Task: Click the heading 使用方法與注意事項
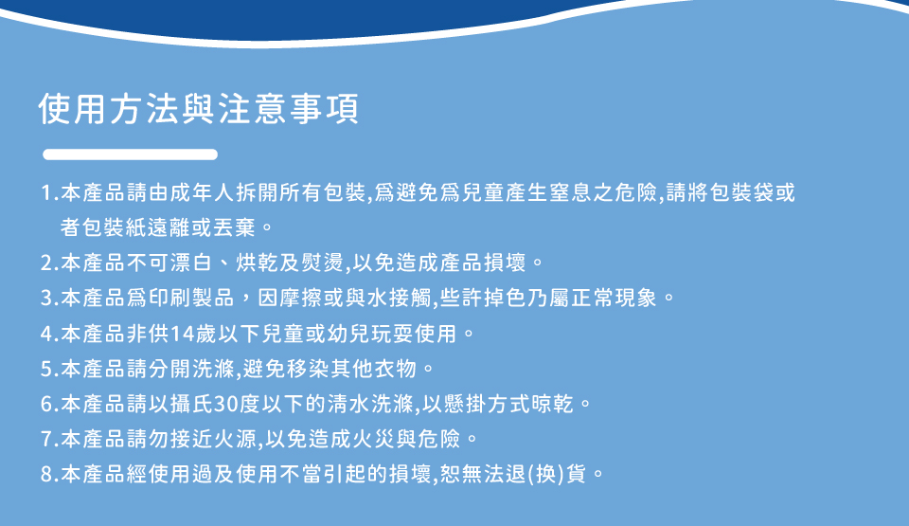tap(199, 109)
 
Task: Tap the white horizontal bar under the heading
tap(130, 154)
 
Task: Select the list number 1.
tap(46, 192)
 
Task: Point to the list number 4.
tap(46, 334)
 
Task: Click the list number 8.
tap(46, 474)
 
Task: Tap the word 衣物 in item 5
tap(395, 369)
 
